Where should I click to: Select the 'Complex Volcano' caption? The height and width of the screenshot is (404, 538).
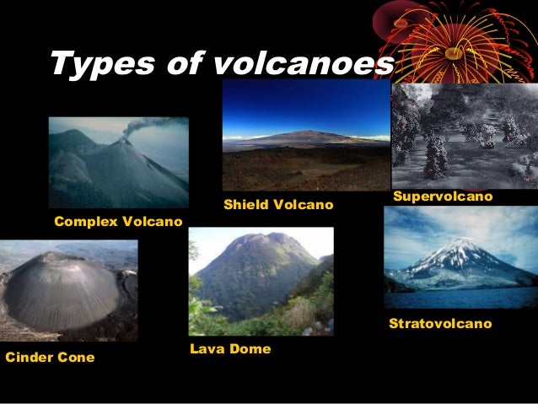click(x=118, y=222)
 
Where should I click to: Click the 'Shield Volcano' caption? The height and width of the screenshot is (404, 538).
click(x=278, y=205)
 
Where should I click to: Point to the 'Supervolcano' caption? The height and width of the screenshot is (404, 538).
click(x=443, y=197)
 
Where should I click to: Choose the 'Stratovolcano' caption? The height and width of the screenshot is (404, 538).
click(x=439, y=324)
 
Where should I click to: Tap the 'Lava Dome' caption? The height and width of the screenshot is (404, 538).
click(x=230, y=348)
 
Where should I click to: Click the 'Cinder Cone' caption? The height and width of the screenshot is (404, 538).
click(x=50, y=358)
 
